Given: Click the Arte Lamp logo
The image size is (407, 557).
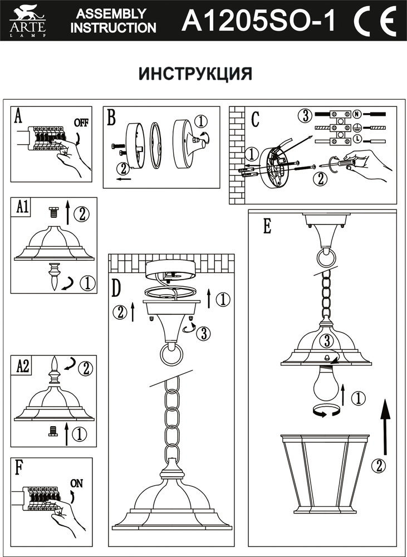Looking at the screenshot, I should point(27,21).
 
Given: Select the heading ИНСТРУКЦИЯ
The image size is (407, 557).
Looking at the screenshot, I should point(195,74).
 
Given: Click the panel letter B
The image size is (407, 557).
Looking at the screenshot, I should point(111,118).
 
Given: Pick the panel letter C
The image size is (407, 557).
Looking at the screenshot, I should point(256,119).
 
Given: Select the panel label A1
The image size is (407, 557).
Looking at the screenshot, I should point(23,207).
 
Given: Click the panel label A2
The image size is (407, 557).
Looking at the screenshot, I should point(23,365).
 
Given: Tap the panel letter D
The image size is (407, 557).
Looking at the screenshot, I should point(116,287).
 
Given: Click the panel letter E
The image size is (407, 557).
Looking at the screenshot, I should point(267,226).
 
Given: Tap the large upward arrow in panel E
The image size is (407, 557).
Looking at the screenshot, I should point(384,423).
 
